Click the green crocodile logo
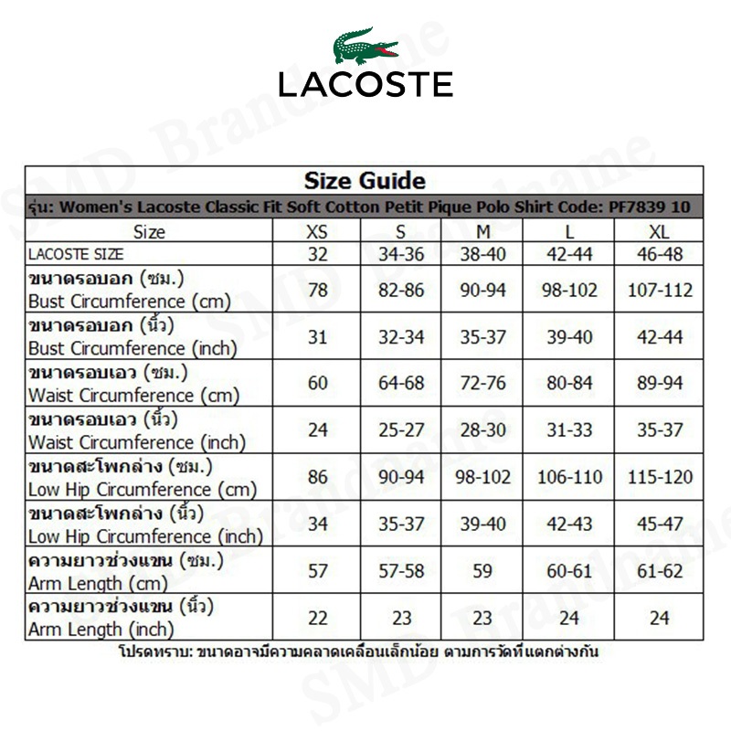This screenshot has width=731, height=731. point(365,46)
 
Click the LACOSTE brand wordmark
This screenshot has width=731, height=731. point(365,85)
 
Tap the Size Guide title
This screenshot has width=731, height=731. point(365,180)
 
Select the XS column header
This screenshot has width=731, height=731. point(317,231)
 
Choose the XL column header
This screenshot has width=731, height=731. point(660,231)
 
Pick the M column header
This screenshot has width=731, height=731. point(483,231)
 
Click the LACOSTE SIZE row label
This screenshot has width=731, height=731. point(76,254)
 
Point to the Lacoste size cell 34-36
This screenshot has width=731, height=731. point(402,254)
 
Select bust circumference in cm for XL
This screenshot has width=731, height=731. point(660,290)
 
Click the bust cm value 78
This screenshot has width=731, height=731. point(317,290)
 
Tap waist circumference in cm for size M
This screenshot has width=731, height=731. point(483,383)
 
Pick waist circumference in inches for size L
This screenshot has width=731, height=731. point(569,430)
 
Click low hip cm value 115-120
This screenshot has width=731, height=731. point(660,477)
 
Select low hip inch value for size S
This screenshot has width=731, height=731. point(402,524)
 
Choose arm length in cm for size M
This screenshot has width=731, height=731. point(483,571)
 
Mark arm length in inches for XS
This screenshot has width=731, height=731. point(317,618)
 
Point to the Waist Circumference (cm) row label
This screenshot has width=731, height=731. point(133,395)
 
